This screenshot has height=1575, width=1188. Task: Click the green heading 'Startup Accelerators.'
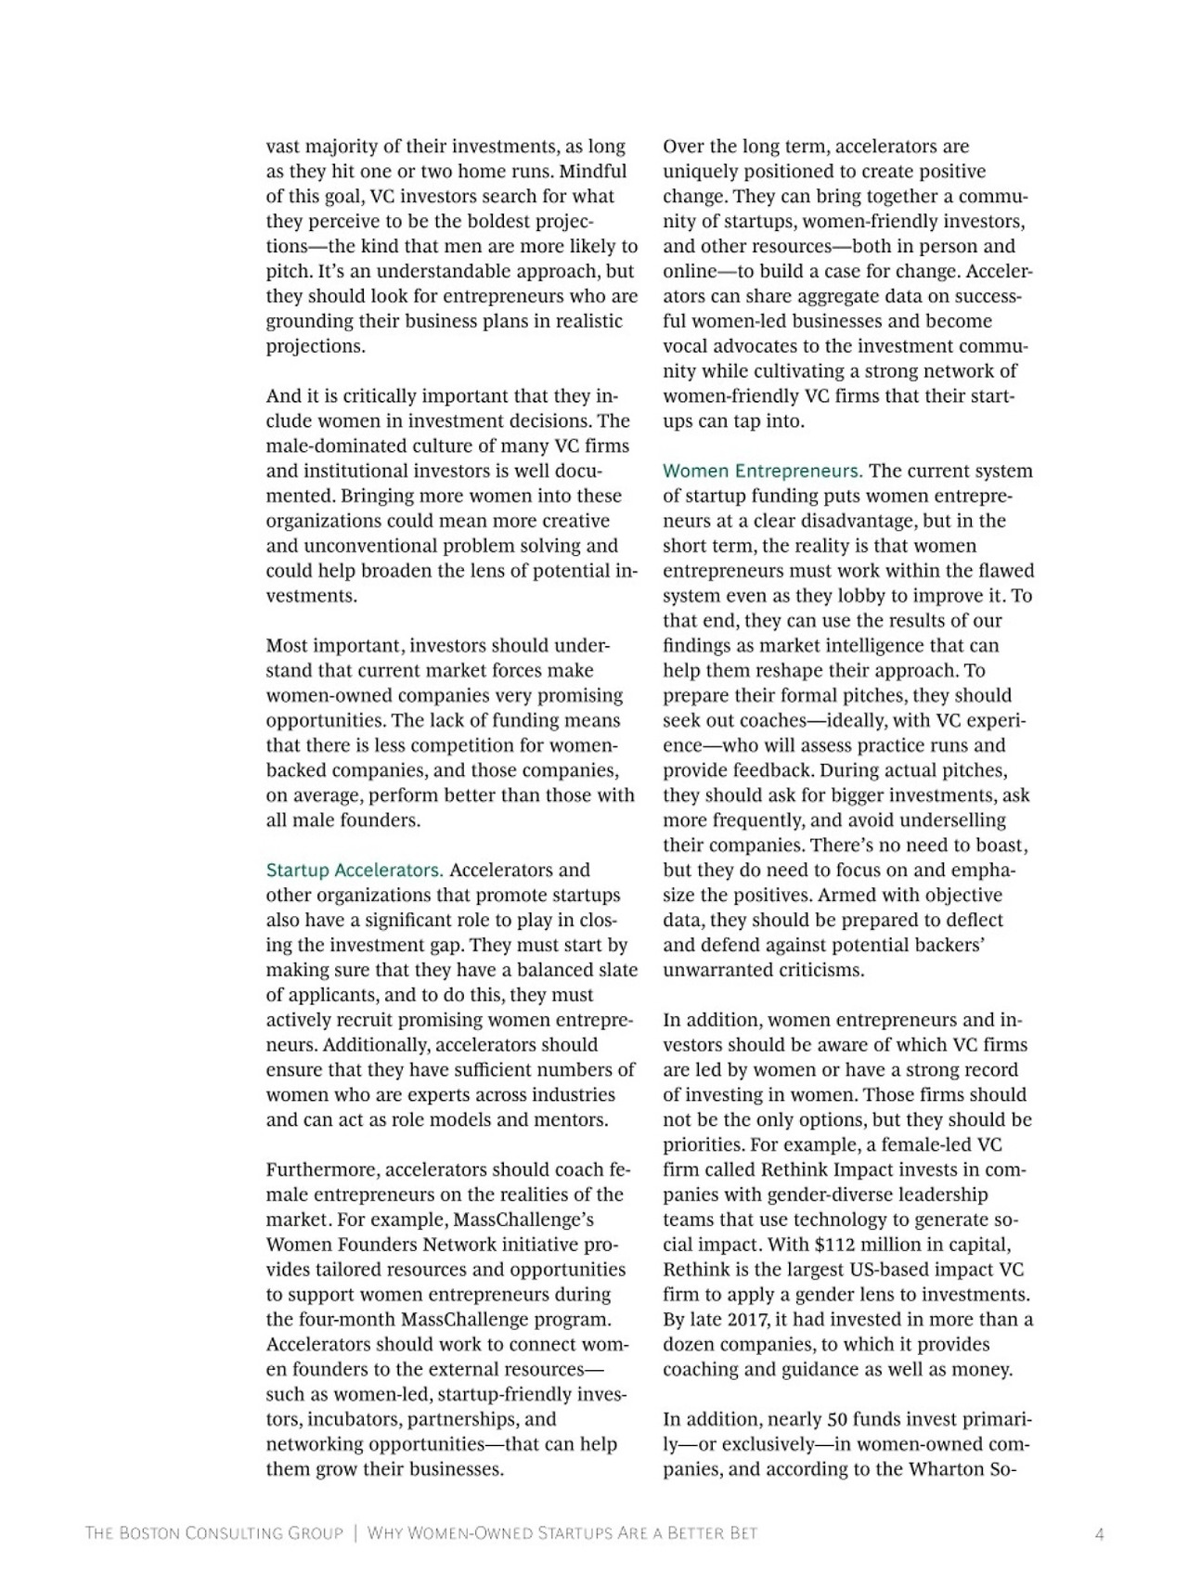pos(355,871)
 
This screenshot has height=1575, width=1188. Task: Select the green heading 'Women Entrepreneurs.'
pos(762,471)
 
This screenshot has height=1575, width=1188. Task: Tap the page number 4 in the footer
pos(1100,1534)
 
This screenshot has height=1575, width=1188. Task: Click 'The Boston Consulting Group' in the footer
pos(213,1534)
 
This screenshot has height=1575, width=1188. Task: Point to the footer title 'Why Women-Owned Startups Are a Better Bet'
pos(562,1534)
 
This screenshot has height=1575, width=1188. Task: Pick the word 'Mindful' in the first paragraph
pos(593,172)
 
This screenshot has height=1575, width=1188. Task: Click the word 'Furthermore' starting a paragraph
pos(322,1169)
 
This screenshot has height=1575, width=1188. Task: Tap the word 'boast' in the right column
pos(1003,846)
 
